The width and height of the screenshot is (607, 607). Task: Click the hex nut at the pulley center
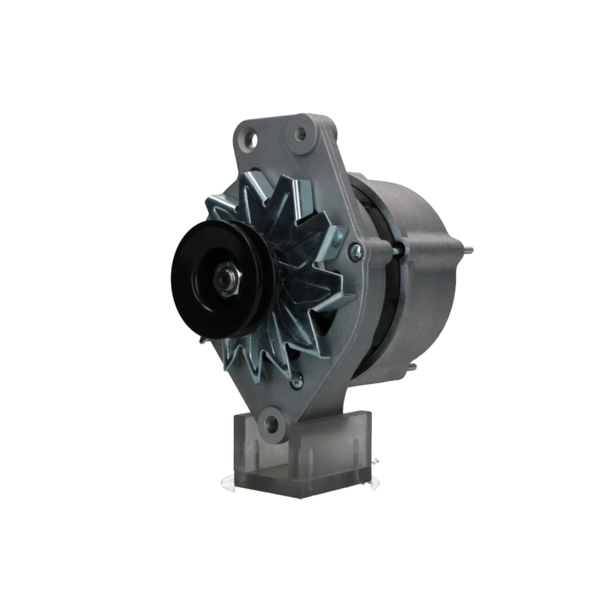coord(229,280)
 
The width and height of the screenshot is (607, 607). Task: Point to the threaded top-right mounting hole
coord(300,134)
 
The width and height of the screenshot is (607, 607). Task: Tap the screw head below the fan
coord(296,381)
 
